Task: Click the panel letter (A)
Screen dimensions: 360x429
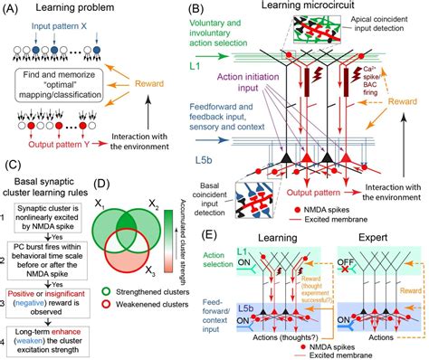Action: pos(11,8)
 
